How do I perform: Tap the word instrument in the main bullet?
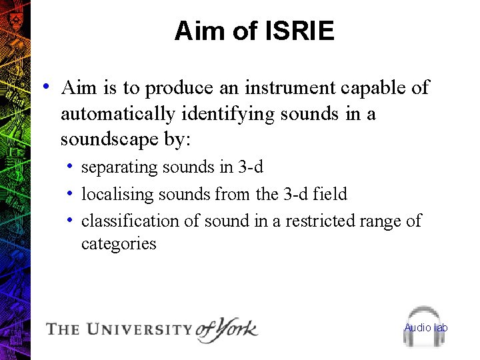289,88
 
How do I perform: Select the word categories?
119,244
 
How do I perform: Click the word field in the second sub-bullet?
331,194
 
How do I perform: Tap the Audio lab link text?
426,327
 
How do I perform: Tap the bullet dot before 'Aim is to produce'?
45,87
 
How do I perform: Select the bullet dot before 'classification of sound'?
69,220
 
